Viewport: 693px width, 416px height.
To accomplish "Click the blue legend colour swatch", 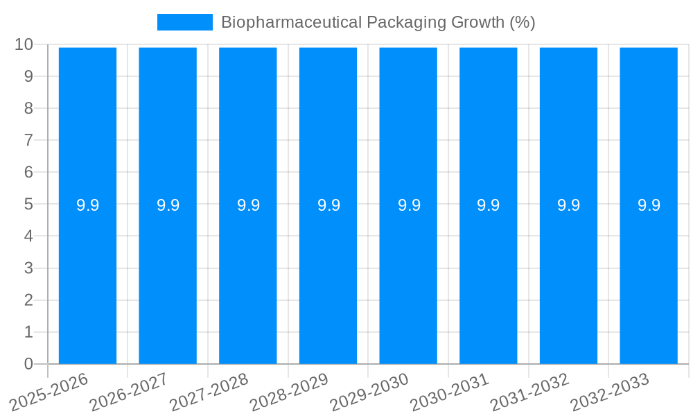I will [184, 22].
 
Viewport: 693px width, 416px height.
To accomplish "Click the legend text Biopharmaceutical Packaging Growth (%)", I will [378, 22].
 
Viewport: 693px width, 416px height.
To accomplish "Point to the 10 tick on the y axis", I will [24, 44].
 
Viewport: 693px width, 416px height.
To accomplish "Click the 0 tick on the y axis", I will [28, 364].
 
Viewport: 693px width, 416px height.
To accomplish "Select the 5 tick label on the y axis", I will [28, 205].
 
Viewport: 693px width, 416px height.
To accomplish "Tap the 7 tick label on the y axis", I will [28, 140].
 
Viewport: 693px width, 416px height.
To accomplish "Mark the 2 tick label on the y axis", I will [28, 300].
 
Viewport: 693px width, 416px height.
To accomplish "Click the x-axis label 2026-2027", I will [129, 392].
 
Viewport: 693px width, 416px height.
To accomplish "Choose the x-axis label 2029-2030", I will [369, 392].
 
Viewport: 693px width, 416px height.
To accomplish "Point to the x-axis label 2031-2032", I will [530, 392].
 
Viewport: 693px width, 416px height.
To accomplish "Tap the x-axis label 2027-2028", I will [209, 392].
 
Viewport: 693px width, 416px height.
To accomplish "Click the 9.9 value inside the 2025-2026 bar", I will [87, 205].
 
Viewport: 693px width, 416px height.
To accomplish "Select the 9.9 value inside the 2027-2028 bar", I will [248, 205].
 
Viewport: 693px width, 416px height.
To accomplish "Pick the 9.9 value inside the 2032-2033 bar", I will [649, 205].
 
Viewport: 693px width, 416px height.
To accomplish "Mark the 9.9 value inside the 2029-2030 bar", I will [408, 205].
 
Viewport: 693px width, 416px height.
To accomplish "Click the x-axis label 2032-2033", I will [610, 392].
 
